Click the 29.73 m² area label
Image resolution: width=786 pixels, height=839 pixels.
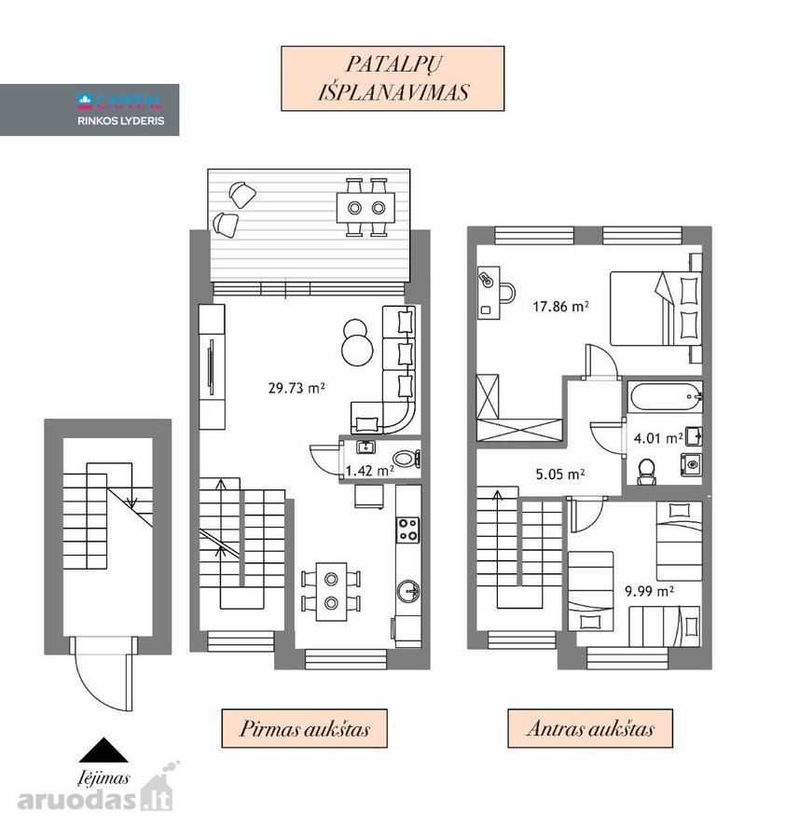pos(296,388)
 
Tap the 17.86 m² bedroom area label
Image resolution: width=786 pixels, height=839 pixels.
pos(560,306)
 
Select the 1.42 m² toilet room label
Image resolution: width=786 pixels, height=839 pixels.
pos(370,471)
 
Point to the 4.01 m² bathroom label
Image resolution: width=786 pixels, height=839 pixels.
pos(658,438)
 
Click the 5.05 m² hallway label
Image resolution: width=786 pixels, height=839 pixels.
pos(560,474)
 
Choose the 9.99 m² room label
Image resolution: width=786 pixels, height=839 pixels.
pos(649,591)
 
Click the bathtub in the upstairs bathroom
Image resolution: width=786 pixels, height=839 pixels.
pos(666,396)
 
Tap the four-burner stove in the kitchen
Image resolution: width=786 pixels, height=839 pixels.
pos(407,530)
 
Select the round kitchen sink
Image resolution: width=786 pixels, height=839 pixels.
pos(408,591)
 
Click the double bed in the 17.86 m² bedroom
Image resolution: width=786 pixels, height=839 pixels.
pos(656,309)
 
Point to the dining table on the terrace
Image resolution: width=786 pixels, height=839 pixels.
pos(366,208)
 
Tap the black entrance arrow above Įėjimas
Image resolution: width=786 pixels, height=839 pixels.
pos(103,750)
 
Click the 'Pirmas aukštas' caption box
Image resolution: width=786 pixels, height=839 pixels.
pos(305,728)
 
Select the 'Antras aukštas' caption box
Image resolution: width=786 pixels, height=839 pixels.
pos(590,728)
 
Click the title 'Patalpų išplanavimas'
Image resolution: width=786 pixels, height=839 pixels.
pos(393,78)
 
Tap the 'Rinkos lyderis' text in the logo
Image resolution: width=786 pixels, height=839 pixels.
pos(121,121)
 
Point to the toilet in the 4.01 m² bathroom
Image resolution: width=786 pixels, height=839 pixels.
pos(647,471)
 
